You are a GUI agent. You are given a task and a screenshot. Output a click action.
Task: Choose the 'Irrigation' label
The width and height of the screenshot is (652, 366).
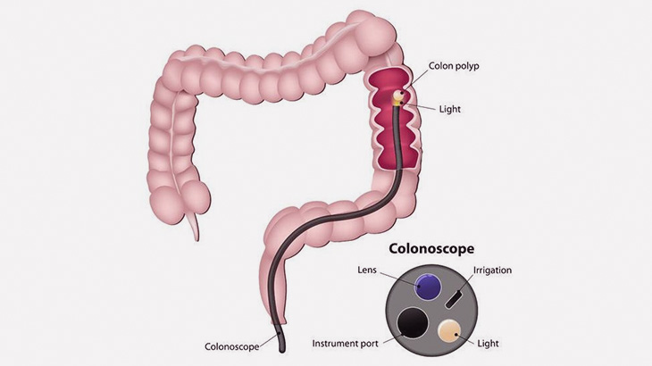coord(493,270)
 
